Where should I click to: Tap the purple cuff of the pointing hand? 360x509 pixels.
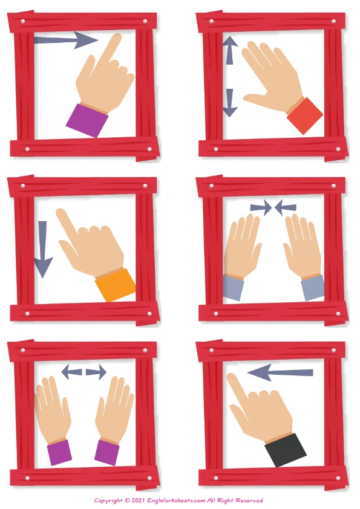pos(87,120)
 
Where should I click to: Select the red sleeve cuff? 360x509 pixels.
pos(305,116)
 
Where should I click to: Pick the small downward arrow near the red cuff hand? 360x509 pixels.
pos(230,103)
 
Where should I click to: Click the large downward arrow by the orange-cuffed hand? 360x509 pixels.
pos(43,249)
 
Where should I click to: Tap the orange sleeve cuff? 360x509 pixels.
pos(116,285)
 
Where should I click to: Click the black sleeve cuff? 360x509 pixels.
pos(286,450)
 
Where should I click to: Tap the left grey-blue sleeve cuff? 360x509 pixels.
pos(234,287)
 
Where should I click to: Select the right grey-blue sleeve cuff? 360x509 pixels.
pos(313,288)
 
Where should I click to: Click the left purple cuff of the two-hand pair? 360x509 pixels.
pos(59,452)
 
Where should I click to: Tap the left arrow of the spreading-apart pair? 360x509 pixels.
pos(71,372)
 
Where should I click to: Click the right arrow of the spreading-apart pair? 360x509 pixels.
pos(96,372)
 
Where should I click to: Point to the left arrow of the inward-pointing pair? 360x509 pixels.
pos(261,208)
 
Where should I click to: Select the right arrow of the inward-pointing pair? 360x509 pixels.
pos(286,208)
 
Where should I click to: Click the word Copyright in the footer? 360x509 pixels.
pos(108,501)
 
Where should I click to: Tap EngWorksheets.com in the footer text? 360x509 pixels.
pos(176,501)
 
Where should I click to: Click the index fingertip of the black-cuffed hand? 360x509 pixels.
pos(231,377)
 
